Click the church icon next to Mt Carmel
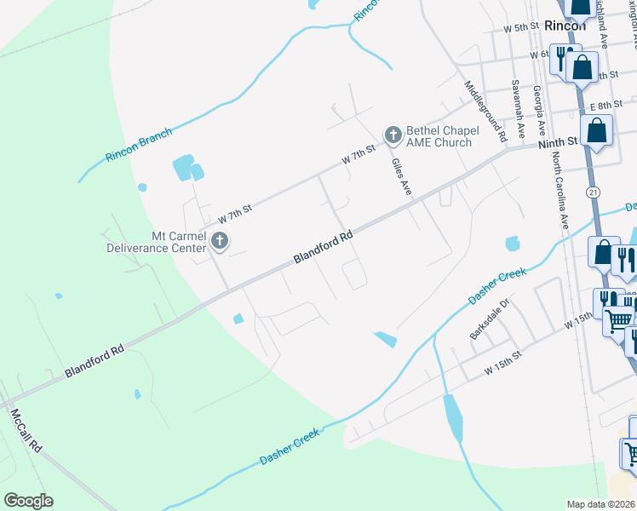(x=220, y=241)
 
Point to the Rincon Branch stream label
(x=139, y=145)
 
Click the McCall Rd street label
(x=26, y=430)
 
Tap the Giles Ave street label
(x=400, y=176)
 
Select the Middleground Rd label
(x=485, y=111)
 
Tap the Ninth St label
(x=558, y=144)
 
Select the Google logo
(x=28, y=501)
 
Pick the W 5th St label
(x=521, y=27)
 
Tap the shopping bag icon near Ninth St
(x=598, y=130)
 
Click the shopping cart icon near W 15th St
(x=618, y=319)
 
